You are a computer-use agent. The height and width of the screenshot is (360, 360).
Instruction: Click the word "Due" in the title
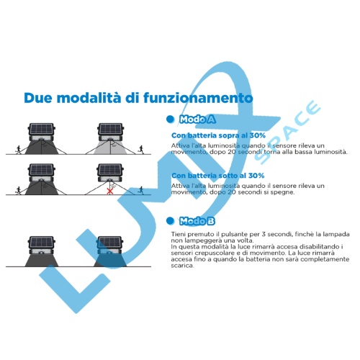38,98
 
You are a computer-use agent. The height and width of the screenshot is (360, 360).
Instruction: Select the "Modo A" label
197,120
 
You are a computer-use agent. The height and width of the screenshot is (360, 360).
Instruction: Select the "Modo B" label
197,221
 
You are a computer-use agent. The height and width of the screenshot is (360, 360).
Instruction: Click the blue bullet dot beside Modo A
171,119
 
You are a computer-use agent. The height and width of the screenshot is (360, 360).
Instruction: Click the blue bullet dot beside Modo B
171,221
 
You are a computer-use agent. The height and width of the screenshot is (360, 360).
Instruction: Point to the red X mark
110,191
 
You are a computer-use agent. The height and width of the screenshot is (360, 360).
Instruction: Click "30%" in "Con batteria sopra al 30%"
258,135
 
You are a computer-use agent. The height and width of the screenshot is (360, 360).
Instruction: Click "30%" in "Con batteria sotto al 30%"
256,176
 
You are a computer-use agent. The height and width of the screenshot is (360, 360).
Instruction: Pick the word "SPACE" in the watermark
287,132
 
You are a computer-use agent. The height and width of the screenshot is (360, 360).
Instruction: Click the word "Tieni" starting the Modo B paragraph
179,234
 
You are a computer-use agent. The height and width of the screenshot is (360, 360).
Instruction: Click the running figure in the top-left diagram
18,150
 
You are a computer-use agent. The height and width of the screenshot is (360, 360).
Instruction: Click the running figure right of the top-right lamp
141,150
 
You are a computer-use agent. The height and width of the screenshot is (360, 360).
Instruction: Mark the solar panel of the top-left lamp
42,130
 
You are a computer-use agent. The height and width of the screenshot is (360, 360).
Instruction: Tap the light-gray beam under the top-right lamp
110,148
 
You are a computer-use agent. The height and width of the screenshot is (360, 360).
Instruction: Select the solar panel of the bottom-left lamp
42,242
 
